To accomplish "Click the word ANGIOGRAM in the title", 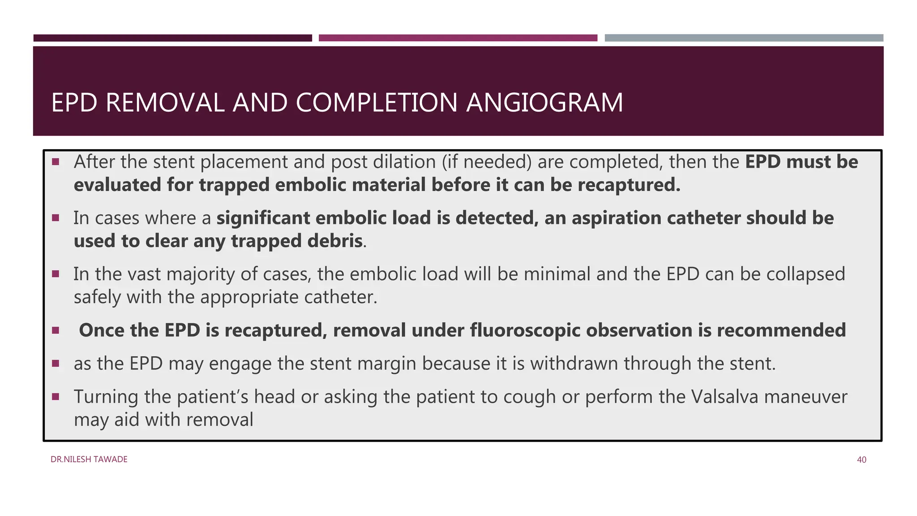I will (x=544, y=103).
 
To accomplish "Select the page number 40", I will (x=861, y=460).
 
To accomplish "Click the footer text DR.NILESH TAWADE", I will (x=89, y=460).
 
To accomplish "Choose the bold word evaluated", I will (x=117, y=185).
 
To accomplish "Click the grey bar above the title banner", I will (x=744, y=38).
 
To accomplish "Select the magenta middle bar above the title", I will (x=458, y=38).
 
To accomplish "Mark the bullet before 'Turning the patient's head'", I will (x=56, y=396).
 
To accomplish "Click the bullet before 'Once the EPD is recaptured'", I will (x=56, y=331).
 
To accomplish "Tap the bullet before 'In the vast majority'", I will (x=56, y=274).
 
